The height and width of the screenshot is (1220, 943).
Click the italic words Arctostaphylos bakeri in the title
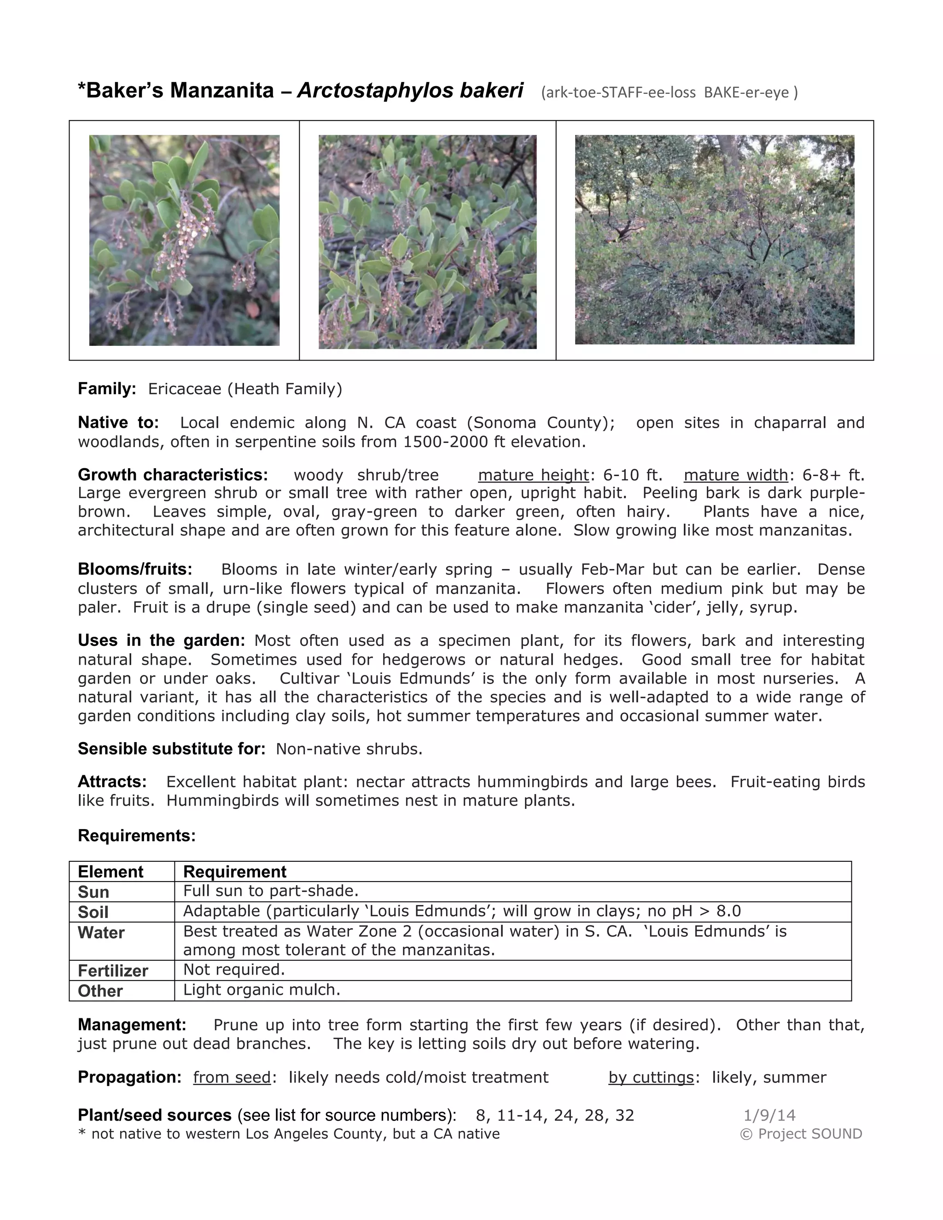pos(410,91)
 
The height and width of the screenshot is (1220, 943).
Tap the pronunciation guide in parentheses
pos(669,93)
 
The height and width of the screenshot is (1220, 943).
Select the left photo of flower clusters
pos(184,240)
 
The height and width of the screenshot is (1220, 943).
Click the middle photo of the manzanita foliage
pos(427,242)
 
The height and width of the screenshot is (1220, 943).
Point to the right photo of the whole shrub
pos(715,240)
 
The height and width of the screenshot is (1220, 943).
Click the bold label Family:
pos(107,389)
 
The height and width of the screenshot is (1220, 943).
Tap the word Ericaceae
pos(184,389)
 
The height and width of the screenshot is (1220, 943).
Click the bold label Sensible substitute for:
pos(171,749)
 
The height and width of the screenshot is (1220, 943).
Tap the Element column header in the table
pos(111,871)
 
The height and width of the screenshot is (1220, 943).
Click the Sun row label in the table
pos(93,892)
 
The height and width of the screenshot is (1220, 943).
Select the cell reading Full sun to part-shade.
pos(271,890)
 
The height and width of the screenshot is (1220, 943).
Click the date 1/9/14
pos(769,1115)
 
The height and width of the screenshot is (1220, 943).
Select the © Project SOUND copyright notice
pos(801,1133)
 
